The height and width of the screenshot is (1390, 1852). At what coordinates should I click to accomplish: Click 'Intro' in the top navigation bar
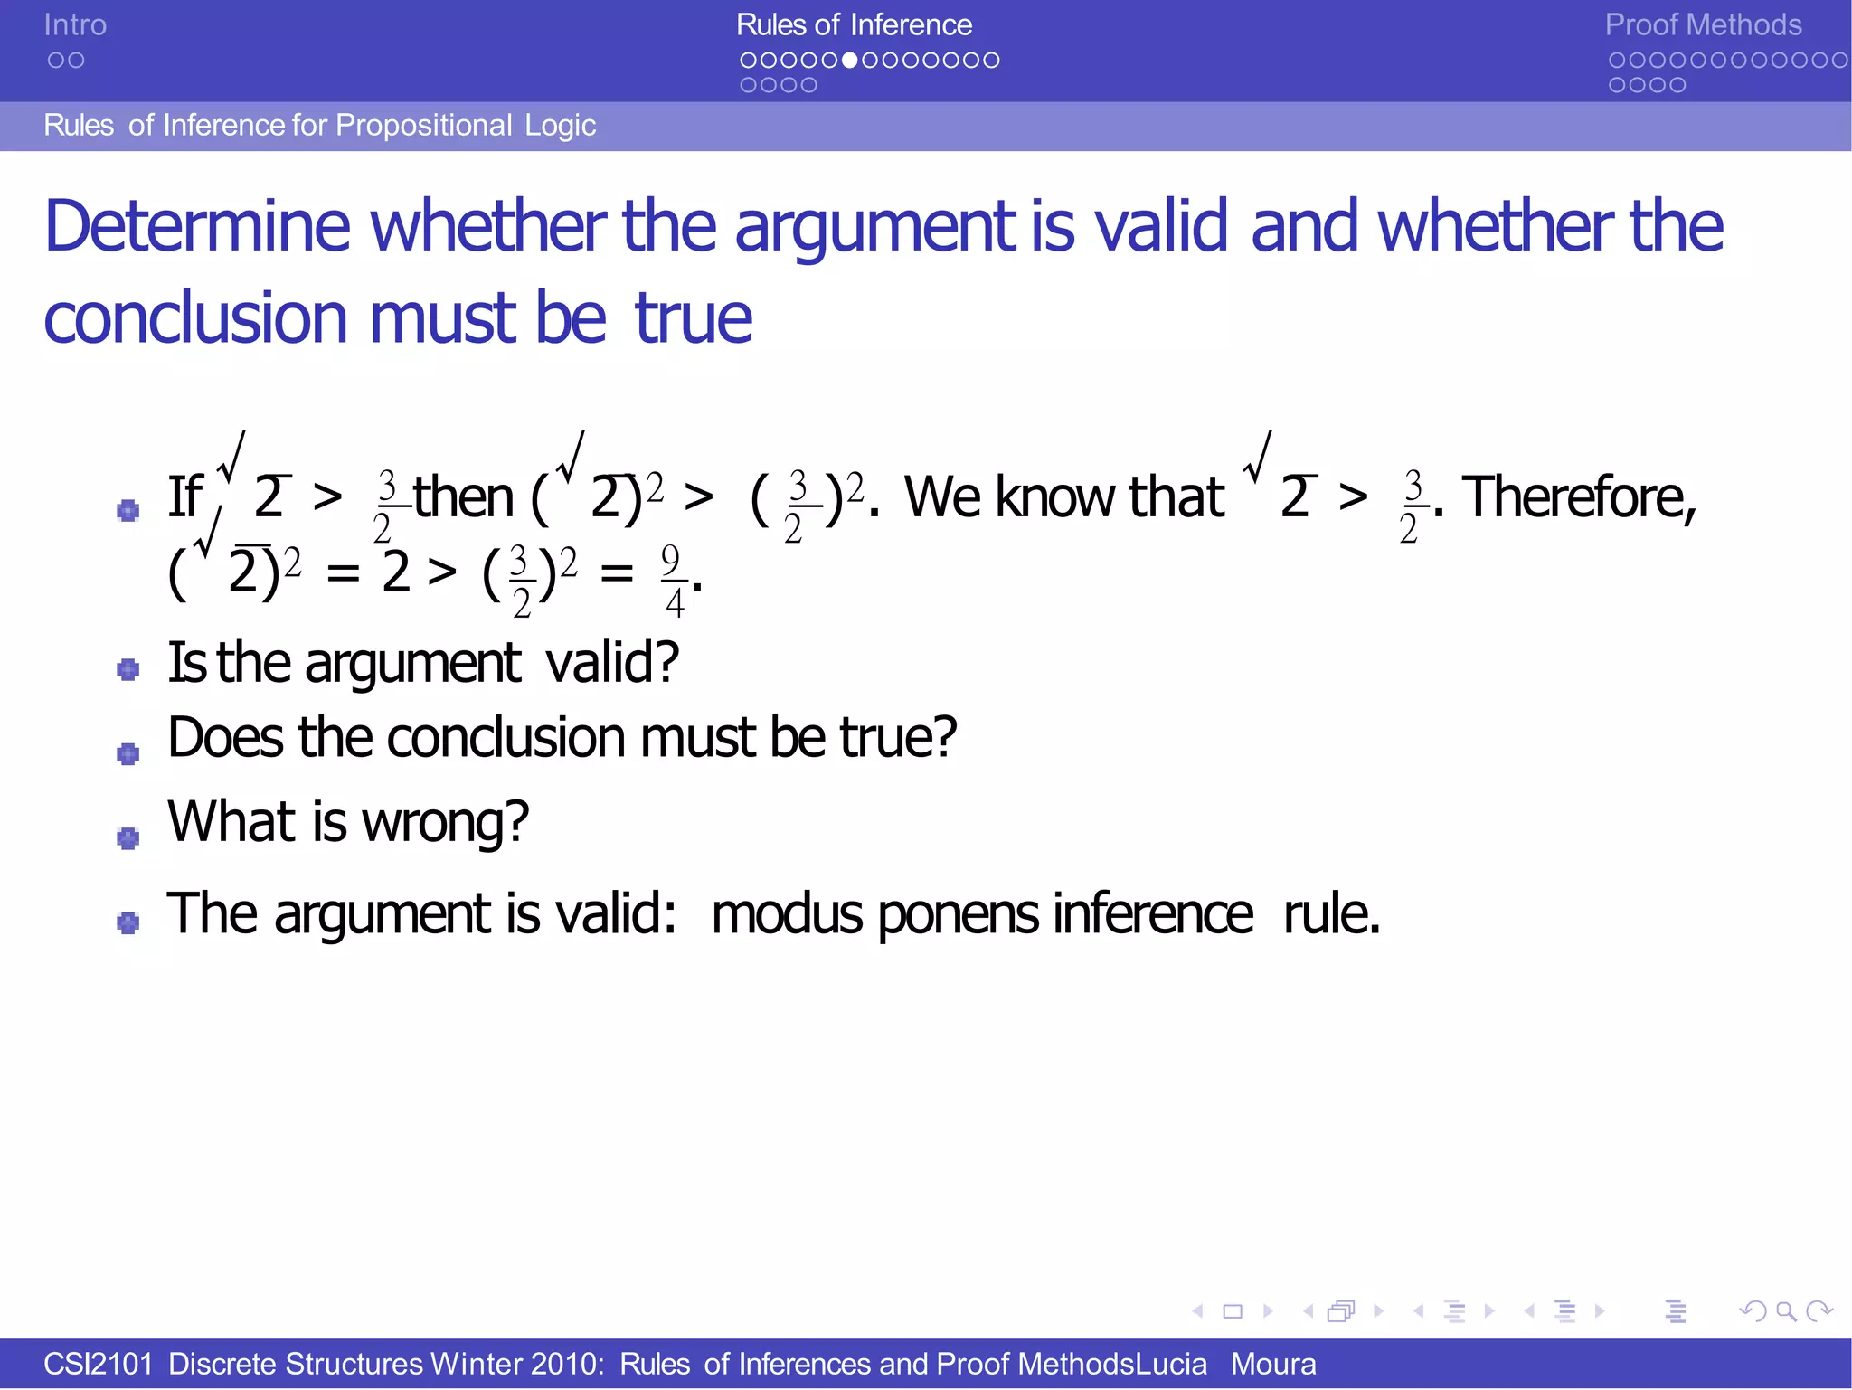tap(75, 25)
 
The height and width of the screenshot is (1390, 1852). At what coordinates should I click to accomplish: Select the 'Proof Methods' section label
tap(1703, 25)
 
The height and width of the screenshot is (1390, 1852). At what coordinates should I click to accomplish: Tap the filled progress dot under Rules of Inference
tap(849, 61)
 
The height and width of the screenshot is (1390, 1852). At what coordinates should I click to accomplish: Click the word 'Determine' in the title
tap(197, 226)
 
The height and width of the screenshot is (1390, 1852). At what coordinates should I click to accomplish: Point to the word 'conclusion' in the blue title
tap(195, 319)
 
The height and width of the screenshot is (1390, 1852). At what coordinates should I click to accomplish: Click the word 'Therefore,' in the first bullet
tap(1579, 497)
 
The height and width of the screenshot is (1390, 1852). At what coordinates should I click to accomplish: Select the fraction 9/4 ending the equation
tap(672, 579)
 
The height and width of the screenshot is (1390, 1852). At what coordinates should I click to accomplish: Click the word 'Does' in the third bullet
tap(225, 737)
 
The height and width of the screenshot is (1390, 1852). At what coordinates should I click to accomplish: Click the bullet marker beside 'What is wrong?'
tap(128, 838)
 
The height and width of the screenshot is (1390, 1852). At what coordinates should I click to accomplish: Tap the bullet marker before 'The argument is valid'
tap(128, 922)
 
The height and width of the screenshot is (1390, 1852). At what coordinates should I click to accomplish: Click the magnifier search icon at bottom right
tap(1785, 1310)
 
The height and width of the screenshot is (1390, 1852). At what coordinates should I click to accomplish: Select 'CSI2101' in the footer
tap(99, 1364)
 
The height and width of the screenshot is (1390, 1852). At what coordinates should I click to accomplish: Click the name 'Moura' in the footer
tap(1272, 1364)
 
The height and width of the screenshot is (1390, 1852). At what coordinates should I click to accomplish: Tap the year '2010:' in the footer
tap(567, 1364)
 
